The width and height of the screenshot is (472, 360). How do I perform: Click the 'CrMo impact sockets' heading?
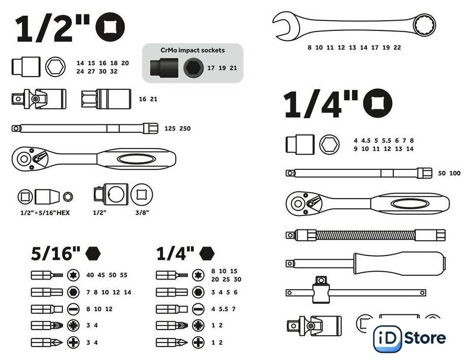coord(193,50)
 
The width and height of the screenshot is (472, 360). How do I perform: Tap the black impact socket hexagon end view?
coord(193,68)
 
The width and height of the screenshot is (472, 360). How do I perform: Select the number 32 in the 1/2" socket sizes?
coord(114,71)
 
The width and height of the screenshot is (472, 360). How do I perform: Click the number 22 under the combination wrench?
coord(397,47)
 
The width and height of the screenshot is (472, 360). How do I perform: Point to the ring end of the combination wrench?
coord(424,25)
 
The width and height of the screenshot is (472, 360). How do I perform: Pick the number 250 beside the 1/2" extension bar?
coord(185,128)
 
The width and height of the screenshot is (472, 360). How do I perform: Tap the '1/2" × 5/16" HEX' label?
coord(45,213)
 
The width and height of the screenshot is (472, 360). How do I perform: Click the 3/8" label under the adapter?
coord(142,213)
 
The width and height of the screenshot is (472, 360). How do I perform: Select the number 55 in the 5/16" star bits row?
coord(124,274)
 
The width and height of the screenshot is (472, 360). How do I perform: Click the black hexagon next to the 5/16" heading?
coord(93,253)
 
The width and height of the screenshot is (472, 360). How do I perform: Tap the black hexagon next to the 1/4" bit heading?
coord(207,253)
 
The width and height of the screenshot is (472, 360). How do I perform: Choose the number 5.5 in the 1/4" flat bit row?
coord(224,309)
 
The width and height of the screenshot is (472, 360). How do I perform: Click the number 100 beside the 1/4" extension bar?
coord(455,173)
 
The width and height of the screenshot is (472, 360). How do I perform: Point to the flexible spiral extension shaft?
coord(366,235)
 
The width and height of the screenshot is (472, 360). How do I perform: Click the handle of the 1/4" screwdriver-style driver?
coord(400,264)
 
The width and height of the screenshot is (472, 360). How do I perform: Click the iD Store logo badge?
coord(410,338)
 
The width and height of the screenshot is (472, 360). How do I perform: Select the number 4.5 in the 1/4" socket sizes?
coord(366,141)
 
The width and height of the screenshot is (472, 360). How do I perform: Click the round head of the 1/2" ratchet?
coord(24,159)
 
